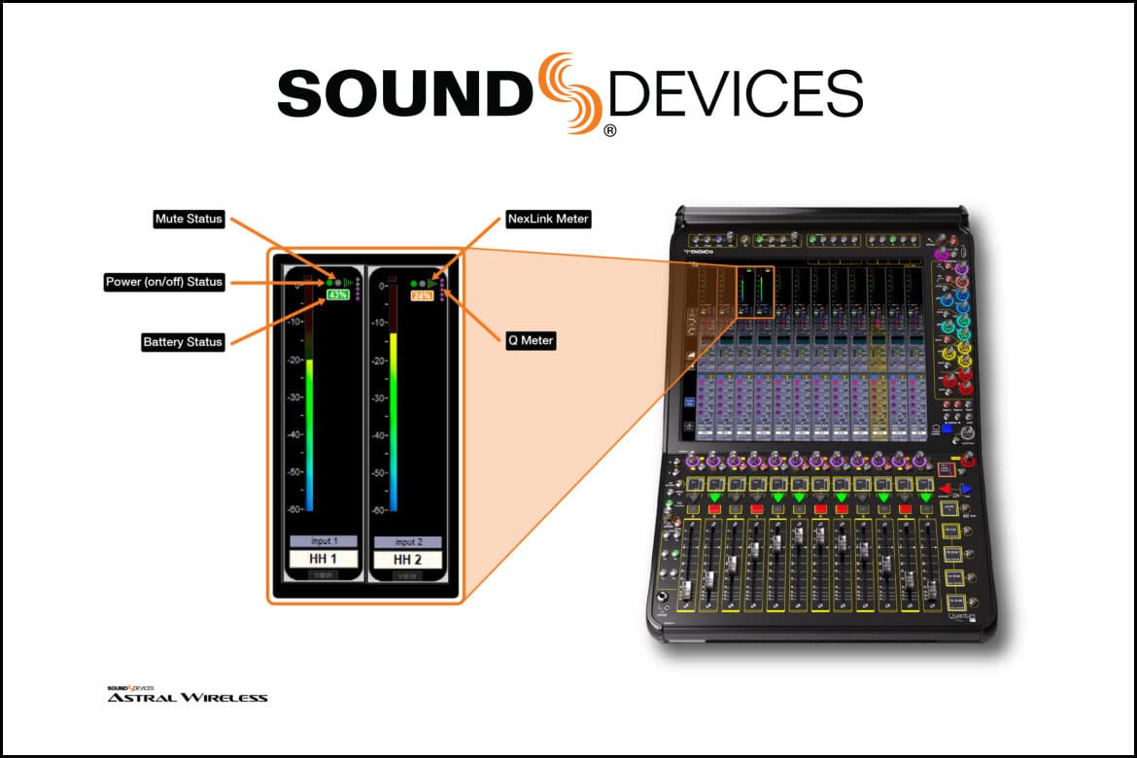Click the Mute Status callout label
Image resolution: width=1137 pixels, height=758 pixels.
[189, 220]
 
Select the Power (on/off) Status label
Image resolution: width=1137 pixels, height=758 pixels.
[164, 282]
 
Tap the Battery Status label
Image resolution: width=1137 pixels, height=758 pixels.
[183, 342]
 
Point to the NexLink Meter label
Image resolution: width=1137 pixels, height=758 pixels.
[548, 220]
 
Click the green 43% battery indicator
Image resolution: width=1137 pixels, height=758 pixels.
[338, 294]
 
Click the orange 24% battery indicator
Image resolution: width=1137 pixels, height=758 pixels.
[422, 294]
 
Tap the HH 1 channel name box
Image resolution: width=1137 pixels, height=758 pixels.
[323, 560]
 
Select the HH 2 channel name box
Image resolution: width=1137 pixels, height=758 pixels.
[407, 560]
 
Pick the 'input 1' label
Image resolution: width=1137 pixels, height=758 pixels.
[323, 541]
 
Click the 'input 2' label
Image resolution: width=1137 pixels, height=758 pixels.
[407, 541]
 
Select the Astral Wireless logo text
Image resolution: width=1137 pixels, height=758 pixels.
[187, 697]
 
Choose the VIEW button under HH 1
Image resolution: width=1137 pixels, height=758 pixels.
[323, 576]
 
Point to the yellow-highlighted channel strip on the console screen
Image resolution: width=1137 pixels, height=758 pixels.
[878, 389]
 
